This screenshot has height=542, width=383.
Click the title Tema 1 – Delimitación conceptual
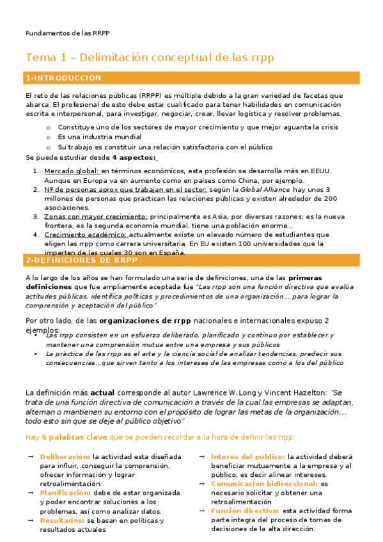[150, 58]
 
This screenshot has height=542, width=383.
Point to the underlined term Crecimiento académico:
[86, 235]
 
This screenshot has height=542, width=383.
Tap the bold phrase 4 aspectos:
[135, 157]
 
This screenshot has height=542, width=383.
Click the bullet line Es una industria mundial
[100, 137]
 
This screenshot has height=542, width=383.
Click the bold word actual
[102, 392]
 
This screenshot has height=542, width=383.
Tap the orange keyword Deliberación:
[65, 456]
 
